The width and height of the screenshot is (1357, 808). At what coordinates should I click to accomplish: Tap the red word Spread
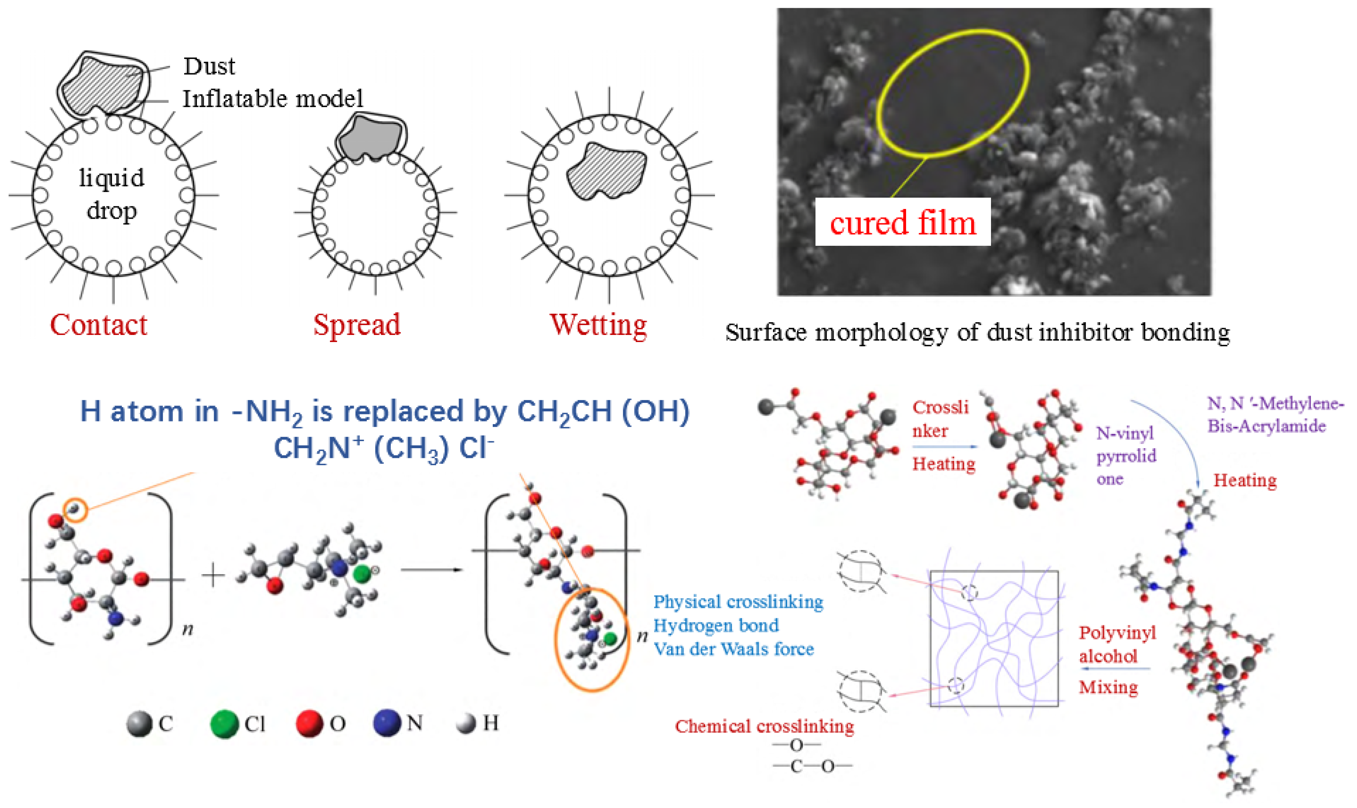[357, 325]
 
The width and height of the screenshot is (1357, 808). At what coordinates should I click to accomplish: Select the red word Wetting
[598, 325]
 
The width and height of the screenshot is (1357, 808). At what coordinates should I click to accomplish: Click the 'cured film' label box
[903, 222]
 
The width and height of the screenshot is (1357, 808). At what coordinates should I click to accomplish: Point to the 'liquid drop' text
[112, 194]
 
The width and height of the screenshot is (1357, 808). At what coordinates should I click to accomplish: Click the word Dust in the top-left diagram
[209, 66]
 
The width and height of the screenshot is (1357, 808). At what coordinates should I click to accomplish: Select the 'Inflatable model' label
[273, 98]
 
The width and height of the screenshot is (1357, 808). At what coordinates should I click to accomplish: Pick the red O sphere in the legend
[309, 723]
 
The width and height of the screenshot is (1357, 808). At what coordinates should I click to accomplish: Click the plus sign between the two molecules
[213, 575]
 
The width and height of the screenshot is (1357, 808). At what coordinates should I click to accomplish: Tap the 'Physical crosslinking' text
[738, 602]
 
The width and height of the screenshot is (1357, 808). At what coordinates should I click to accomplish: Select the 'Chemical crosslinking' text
[764, 726]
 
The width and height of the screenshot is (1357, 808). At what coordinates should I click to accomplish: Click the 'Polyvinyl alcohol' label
[1117, 645]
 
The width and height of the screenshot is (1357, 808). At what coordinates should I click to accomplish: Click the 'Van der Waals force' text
[733, 649]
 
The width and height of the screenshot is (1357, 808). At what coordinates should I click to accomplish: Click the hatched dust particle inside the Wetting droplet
[606, 171]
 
